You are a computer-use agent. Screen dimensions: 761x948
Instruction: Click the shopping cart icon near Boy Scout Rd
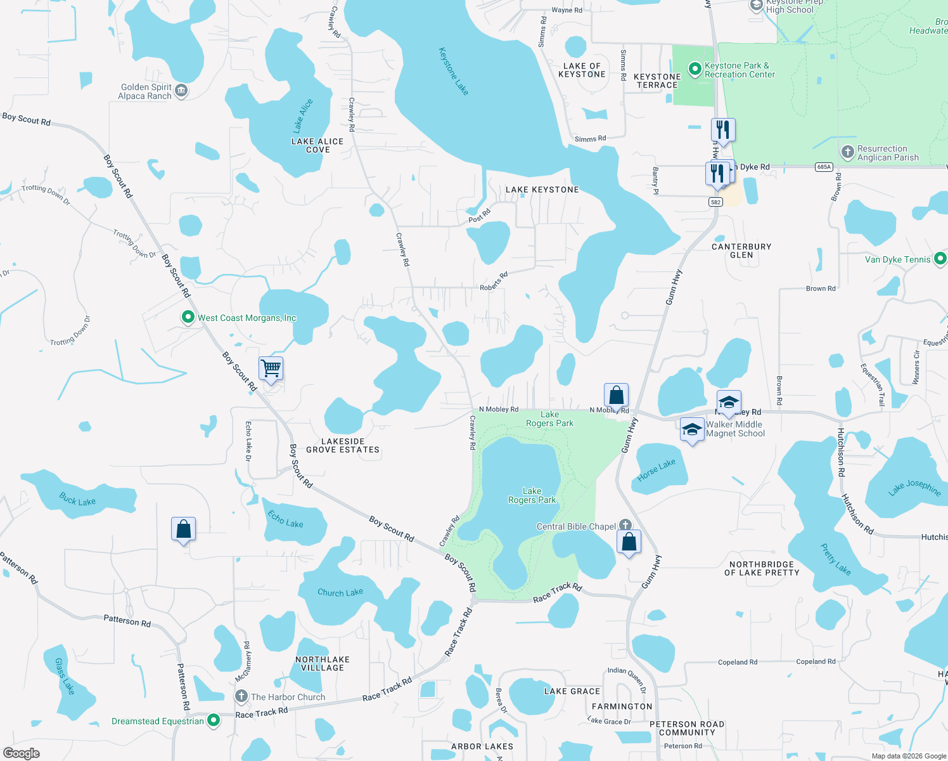click(271, 368)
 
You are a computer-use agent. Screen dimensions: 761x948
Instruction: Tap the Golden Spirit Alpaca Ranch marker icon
click(181, 91)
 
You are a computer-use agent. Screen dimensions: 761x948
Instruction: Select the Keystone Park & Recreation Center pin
click(695, 68)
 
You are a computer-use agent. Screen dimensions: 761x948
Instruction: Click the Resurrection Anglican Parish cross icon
click(848, 152)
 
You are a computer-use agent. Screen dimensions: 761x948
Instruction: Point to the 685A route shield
click(824, 167)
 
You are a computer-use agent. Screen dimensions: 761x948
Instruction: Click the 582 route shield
click(715, 202)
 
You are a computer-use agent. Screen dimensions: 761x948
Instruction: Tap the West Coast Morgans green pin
click(188, 317)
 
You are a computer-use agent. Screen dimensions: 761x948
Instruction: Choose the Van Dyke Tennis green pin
click(940, 259)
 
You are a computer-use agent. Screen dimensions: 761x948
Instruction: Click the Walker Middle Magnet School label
click(735, 429)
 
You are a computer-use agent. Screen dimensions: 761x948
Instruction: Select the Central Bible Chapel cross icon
click(625, 524)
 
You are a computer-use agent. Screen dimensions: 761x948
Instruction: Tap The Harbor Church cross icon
click(241, 696)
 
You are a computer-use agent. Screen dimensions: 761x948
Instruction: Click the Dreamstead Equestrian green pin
click(214, 720)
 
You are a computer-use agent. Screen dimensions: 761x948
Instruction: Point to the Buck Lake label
click(77, 500)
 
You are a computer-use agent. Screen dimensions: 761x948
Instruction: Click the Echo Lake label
click(285, 519)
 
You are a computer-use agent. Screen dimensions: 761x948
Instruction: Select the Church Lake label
click(340, 592)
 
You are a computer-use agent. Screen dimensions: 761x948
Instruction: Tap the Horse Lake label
click(657, 470)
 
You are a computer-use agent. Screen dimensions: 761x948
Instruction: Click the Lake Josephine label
click(914, 487)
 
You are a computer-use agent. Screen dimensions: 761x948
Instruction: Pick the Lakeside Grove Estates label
click(343, 446)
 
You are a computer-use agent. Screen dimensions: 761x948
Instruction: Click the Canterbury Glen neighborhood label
click(741, 250)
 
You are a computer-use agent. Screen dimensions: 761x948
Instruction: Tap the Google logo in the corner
click(22, 753)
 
